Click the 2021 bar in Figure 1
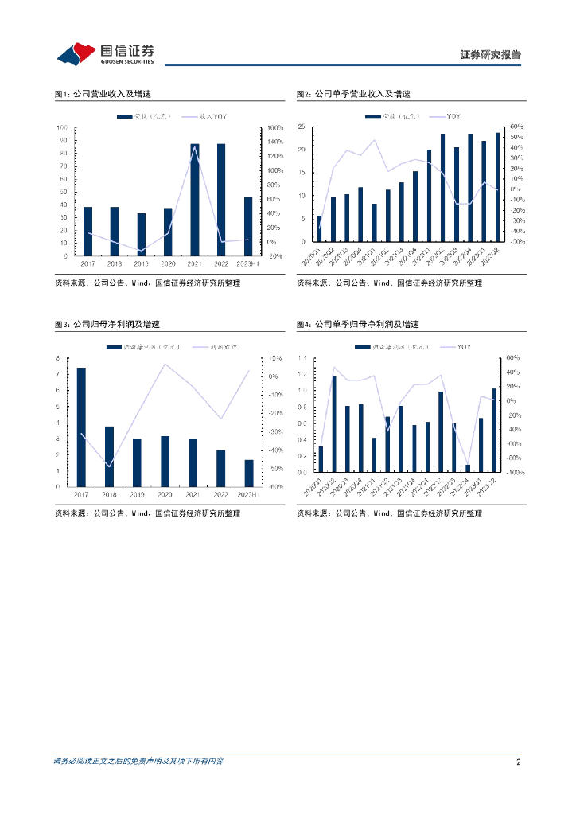point(194,200)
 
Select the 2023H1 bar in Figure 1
point(248,226)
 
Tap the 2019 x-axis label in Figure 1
point(141,263)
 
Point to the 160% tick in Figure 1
point(274,127)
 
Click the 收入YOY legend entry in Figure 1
point(206,117)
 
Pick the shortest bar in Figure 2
point(320,228)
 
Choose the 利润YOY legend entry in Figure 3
point(223,348)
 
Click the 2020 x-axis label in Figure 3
point(165,494)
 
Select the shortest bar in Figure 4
point(468,468)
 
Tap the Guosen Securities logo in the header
point(104,53)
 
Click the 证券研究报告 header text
point(491,55)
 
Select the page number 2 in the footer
point(518,762)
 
